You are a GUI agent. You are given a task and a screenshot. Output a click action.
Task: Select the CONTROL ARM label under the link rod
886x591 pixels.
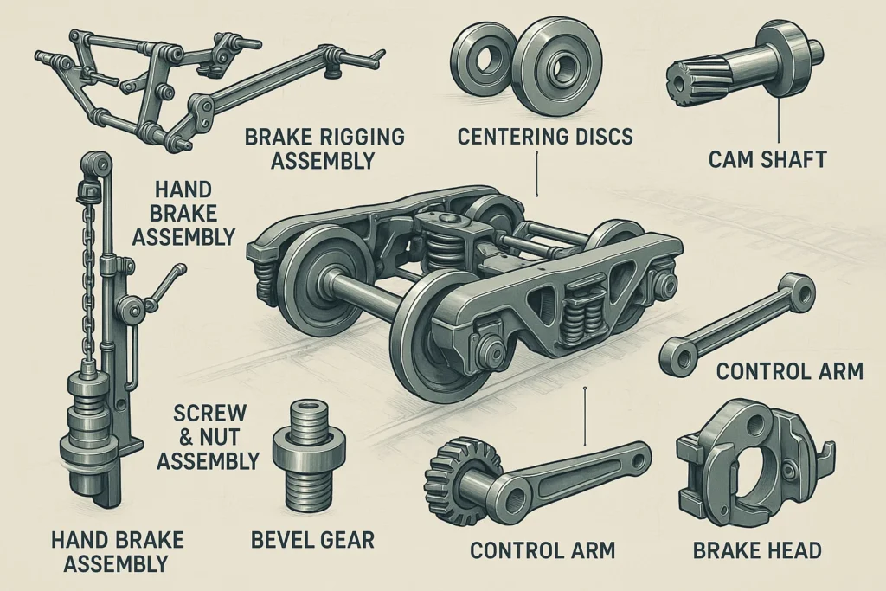789,372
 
